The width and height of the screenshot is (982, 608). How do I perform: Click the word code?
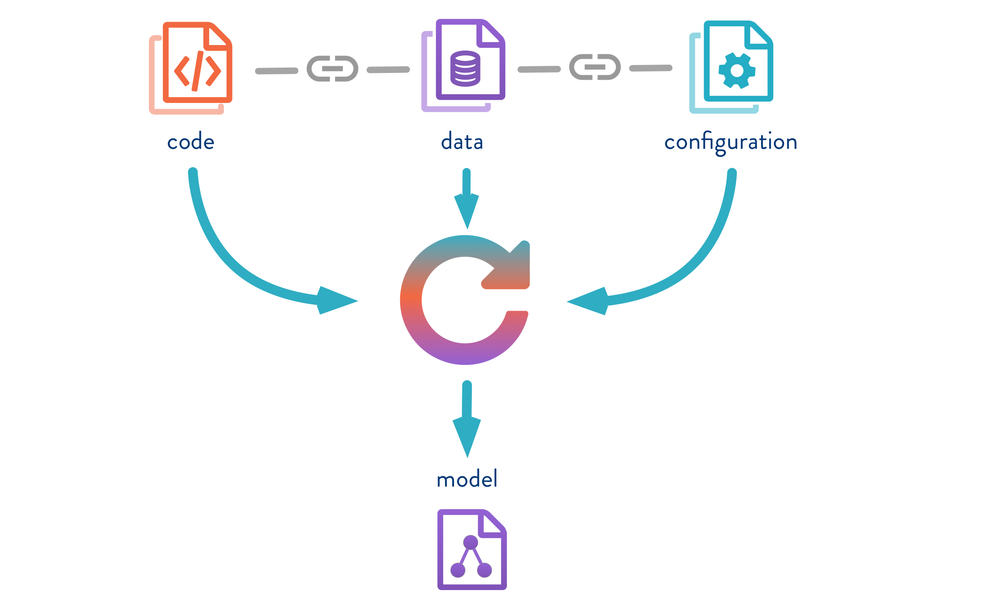click(x=190, y=142)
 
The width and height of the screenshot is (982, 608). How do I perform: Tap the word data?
click(x=462, y=142)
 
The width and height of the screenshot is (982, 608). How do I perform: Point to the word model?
click(x=467, y=479)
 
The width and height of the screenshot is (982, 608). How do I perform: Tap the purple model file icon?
click(x=472, y=549)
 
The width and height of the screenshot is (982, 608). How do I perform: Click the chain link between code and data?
click(x=332, y=69)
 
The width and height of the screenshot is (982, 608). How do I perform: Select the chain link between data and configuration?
click(x=595, y=67)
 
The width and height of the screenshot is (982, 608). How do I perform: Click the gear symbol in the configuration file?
click(x=736, y=70)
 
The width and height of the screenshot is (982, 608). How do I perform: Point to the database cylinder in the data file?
click(x=465, y=68)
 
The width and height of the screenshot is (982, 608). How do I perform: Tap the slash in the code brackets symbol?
click(x=198, y=71)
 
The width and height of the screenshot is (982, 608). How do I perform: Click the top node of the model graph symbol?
click(x=471, y=542)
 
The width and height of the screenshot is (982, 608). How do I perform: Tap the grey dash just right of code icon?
click(x=276, y=71)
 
